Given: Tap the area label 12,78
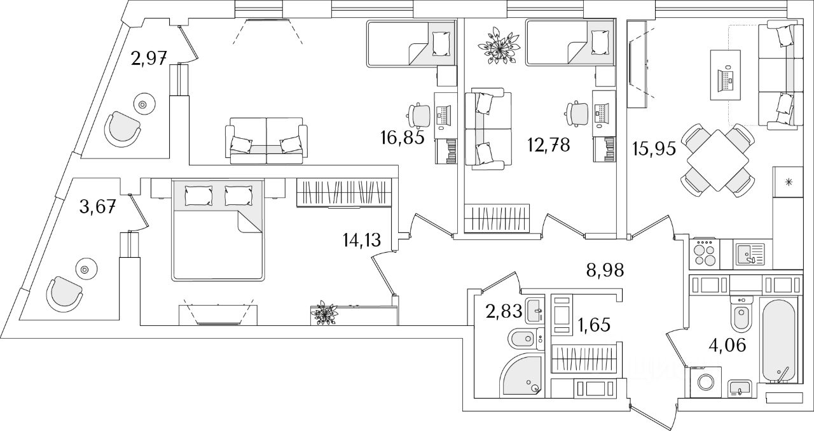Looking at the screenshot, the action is click(x=548, y=145).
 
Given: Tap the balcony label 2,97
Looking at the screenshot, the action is click(x=149, y=59).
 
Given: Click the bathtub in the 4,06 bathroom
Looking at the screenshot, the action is click(x=778, y=340).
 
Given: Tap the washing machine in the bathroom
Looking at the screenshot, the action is click(x=705, y=381).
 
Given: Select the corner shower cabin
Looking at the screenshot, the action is click(x=520, y=376).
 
